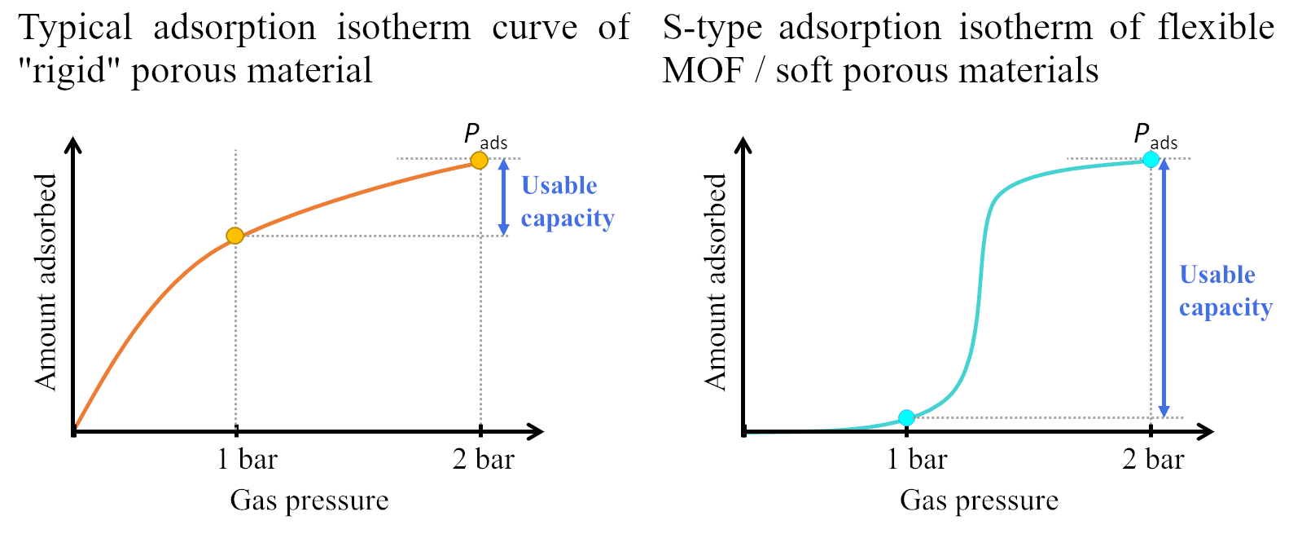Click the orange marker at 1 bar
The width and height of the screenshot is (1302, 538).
235,236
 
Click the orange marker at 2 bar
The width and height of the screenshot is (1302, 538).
480,160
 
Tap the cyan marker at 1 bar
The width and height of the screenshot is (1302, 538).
906,417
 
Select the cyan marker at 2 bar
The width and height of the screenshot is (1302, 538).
1151,159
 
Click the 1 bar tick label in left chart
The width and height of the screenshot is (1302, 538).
247,460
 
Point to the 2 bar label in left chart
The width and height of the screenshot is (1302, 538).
484,460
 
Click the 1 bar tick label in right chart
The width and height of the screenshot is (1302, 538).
917,460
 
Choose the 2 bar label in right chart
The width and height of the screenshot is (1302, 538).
1153,460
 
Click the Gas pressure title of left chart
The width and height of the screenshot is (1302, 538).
309,500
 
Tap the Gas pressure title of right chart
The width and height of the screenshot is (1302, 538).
979,500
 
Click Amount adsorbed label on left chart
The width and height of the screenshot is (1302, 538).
46,282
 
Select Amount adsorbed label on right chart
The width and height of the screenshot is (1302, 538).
715,282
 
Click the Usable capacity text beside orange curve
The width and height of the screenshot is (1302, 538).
567,202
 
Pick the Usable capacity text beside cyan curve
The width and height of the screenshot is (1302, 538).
1225,291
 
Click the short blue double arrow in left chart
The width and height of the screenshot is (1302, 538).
504,197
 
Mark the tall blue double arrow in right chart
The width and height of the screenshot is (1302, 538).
1164,288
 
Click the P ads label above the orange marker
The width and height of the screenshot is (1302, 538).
485,135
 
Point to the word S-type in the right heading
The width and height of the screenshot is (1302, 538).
712,29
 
